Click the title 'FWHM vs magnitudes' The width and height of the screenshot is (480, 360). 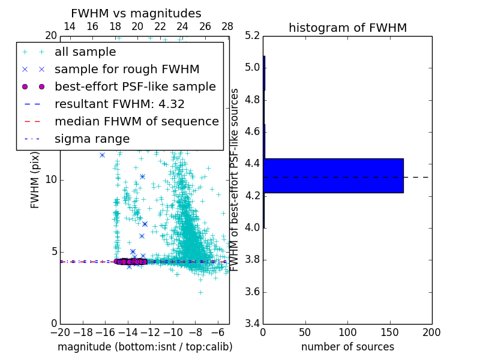pos(136,13)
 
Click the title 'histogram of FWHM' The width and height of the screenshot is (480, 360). pos(347,28)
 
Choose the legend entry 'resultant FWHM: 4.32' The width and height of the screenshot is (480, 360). pos(119,104)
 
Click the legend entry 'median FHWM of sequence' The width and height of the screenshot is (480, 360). pos(136,121)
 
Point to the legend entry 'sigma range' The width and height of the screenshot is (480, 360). pos(92,139)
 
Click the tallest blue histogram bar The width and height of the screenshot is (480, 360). pos(333,175)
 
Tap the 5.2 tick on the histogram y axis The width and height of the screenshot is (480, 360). pos(252,35)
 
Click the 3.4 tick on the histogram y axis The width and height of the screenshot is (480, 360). pos(252,324)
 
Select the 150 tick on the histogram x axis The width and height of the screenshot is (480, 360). pos(389,332)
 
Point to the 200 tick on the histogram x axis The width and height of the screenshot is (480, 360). pos(431,332)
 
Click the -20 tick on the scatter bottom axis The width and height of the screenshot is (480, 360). pos(60,332)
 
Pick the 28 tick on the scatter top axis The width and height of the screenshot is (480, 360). pos(227,26)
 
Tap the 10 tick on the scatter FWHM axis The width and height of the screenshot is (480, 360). pos(50,180)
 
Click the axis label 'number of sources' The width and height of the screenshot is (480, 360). pos(347,347)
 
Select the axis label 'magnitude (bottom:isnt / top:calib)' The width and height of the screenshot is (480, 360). pos(145,347)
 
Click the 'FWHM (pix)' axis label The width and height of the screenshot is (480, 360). pos(35,180)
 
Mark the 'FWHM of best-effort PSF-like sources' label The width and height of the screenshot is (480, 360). pos(235,180)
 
